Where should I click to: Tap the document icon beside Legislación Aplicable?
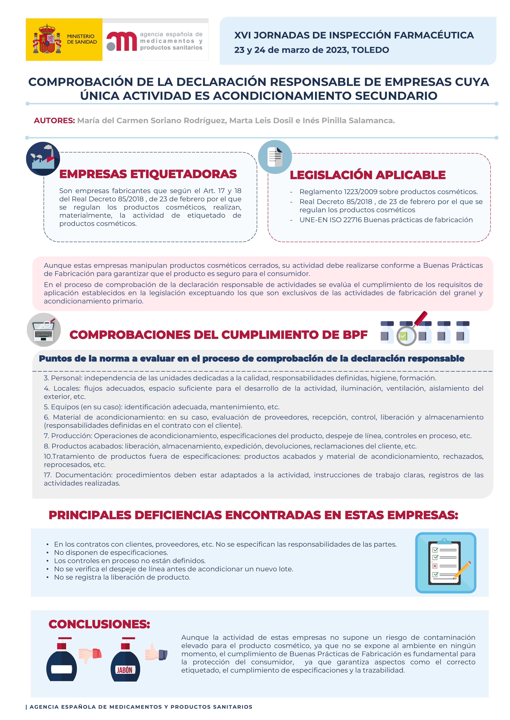[x=275, y=157]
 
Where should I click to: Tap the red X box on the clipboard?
[x=435, y=566]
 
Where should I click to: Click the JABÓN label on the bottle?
[x=125, y=670]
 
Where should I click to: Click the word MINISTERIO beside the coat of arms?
[x=81, y=36]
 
